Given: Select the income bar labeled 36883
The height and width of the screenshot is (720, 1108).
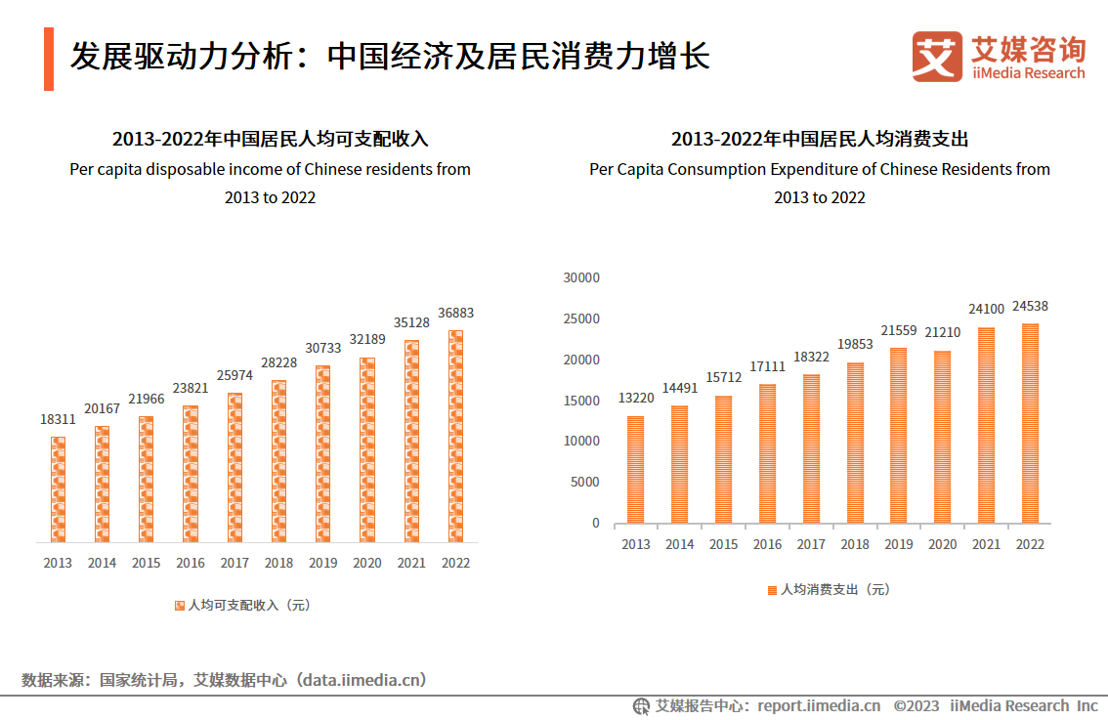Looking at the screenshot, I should coord(455,436).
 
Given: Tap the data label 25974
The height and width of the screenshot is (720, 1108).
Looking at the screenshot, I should coord(234,375).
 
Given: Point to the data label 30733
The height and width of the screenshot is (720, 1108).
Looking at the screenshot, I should coord(322,348).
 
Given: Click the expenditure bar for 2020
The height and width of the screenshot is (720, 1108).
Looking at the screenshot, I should coord(942,437).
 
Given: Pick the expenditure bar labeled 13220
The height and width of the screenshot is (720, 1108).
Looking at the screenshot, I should coord(635,469).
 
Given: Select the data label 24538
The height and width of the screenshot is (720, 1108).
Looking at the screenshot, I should coord(1031,306).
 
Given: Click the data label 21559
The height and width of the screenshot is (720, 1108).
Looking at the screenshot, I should coord(898,330).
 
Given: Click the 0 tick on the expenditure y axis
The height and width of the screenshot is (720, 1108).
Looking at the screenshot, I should coord(596,523).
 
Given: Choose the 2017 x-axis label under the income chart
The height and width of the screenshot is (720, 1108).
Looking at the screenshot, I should coord(234,563).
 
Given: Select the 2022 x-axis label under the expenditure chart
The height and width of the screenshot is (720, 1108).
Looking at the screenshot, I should coord(1031,544).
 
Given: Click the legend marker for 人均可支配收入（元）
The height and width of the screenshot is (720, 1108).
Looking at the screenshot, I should coord(179,606).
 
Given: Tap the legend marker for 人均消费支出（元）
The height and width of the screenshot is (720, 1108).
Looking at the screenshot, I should coord(772,590).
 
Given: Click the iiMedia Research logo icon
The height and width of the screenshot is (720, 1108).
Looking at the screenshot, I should coord(937,57).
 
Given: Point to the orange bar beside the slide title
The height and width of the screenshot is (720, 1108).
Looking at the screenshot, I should coord(49,59).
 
